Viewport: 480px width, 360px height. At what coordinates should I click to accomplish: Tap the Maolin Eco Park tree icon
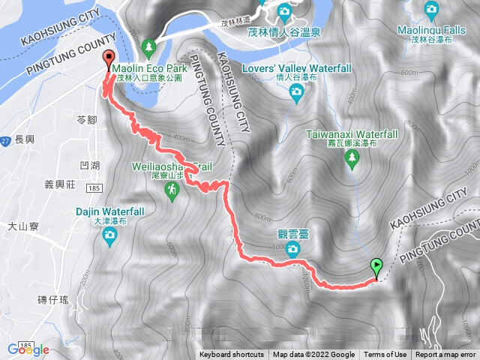point(148,47)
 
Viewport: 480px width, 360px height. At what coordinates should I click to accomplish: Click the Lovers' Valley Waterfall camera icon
point(296,91)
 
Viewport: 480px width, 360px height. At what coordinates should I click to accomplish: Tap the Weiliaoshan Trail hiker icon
point(172,193)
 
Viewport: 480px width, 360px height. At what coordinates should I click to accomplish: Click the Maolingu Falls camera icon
point(430,10)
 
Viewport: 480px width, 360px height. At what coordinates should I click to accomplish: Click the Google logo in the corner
point(28,349)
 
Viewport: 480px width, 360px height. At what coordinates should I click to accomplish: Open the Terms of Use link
point(385,355)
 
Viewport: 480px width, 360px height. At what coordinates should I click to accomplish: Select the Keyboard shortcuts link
point(232,355)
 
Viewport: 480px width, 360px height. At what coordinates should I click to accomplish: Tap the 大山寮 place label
point(22,225)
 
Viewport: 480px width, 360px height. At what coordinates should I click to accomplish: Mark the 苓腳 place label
point(87,119)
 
